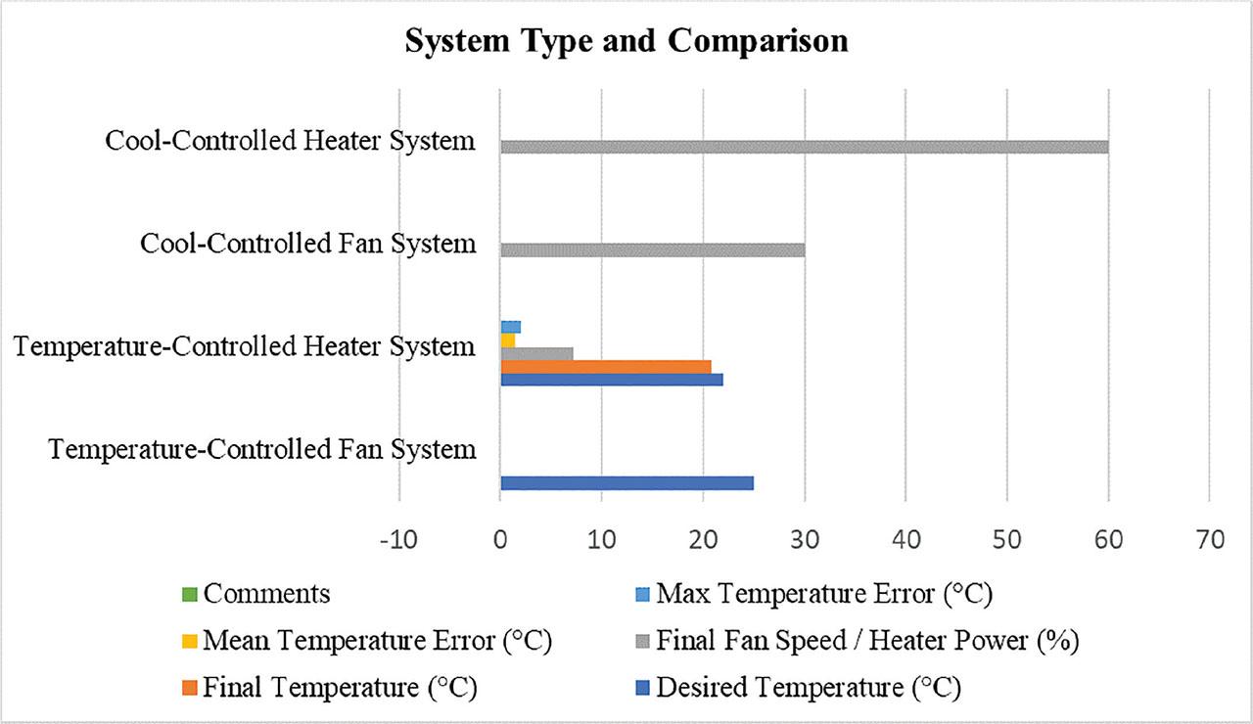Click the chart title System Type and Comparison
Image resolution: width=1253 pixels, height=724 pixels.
coord(626,42)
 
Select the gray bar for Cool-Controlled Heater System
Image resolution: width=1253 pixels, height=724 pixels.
coord(804,147)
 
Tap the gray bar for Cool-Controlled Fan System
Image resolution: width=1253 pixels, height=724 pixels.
coord(652,249)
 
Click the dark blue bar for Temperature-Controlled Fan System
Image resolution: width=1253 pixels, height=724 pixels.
coord(626,482)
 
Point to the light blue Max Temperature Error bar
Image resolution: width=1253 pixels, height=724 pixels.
coord(510,327)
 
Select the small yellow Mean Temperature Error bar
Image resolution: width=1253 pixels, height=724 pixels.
coord(507,339)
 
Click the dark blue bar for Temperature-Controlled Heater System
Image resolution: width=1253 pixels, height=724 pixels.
coord(611,380)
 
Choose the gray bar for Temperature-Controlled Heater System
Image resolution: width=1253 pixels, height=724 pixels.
coord(536,353)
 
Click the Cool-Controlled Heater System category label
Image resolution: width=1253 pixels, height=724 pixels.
coord(290,141)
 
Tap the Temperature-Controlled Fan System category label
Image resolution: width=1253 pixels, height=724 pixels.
coord(262,449)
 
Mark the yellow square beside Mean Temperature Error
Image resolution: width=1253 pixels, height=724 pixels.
coord(189,642)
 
